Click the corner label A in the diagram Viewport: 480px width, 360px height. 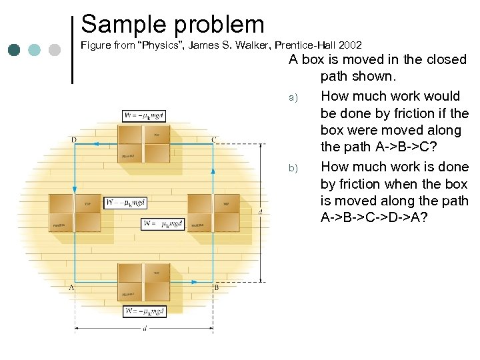pyautogui.click(x=71, y=287)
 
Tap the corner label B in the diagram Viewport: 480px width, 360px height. pyautogui.click(x=216, y=287)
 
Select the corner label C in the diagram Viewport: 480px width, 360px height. pyautogui.click(x=213, y=139)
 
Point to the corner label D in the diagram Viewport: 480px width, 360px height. pyautogui.click(x=73, y=139)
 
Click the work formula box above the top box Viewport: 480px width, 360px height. pyautogui.click(x=144, y=115)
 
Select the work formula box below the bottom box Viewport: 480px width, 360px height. pyautogui.click(x=144, y=311)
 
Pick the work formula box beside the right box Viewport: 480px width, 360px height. pyautogui.click(x=163, y=223)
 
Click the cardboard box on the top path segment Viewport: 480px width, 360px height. pyautogui.click(x=144, y=143)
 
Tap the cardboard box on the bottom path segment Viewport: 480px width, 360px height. pyautogui.click(x=144, y=282)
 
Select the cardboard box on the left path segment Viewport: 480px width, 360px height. pyautogui.click(x=75, y=213)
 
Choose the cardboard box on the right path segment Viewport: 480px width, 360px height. pyautogui.click(x=213, y=213)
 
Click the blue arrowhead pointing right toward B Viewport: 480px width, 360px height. pyautogui.click(x=195, y=282)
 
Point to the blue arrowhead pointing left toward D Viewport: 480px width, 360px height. pyautogui.click(x=95, y=143)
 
